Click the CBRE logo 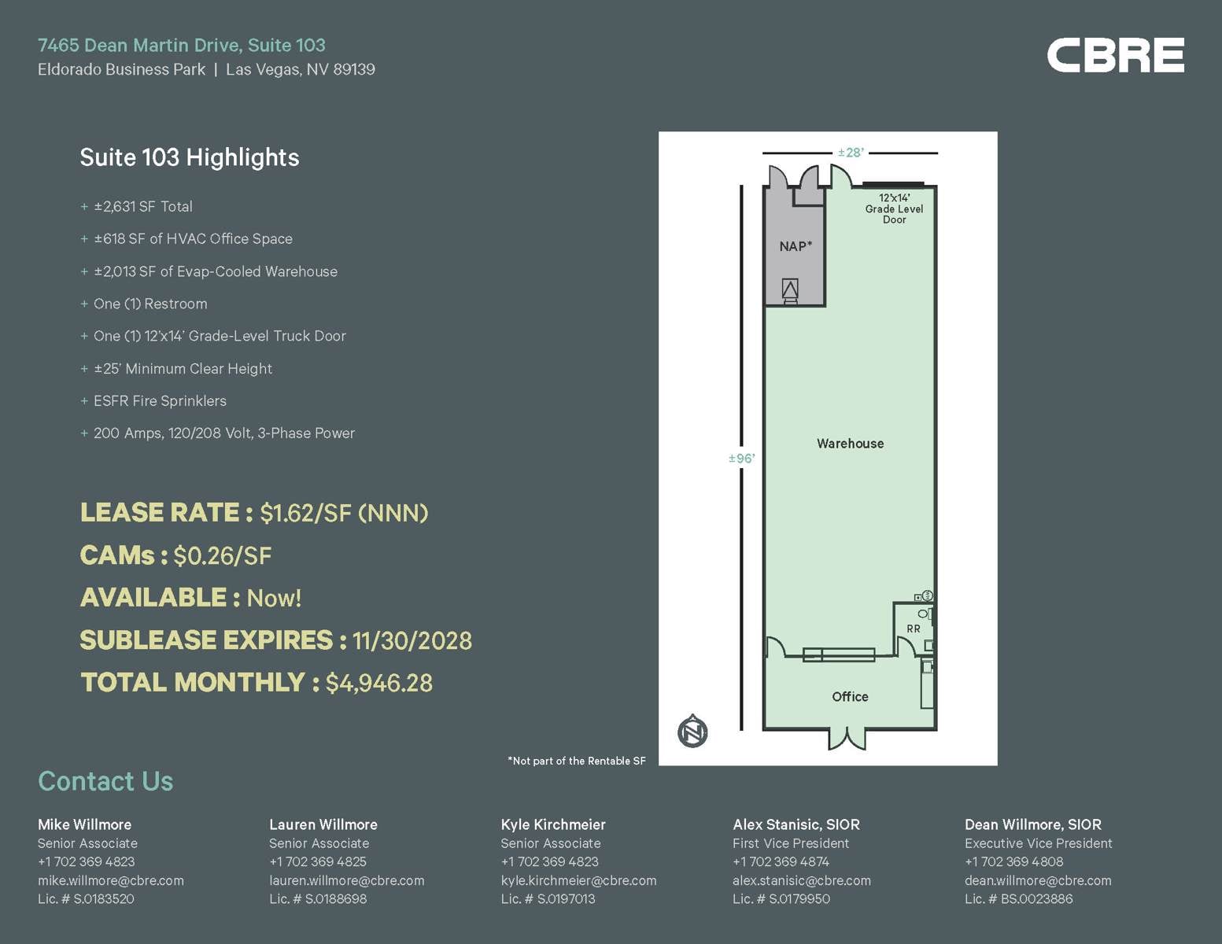1115,55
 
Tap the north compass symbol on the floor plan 692,732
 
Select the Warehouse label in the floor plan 850,444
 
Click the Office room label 850,697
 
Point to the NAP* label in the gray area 796,246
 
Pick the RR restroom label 913,629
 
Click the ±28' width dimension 851,153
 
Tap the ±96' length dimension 741,459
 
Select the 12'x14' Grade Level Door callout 894,208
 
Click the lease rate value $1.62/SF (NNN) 344,514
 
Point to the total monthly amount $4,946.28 378,683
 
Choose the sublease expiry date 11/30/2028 412,640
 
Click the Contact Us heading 105,781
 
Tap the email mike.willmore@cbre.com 111,880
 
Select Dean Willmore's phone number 1013,861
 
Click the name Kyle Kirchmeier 553,824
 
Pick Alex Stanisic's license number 781,898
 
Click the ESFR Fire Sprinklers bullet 160,401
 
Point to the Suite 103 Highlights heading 190,157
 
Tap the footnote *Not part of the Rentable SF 577,761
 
